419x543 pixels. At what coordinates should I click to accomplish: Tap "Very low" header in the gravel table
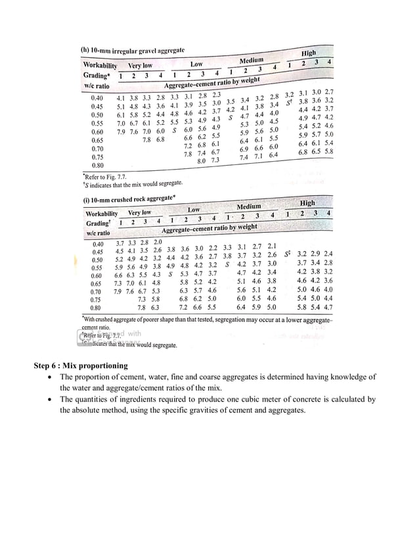coord(140,66)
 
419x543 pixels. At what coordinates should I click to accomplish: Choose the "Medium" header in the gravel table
coord(251,60)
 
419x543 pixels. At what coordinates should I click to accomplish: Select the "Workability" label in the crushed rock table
coord(101,214)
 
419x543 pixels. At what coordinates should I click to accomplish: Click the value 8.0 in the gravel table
coord(202,160)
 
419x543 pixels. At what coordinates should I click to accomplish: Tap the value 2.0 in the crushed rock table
coord(158,243)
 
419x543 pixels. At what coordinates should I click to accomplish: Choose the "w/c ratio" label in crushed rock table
coord(98,233)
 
